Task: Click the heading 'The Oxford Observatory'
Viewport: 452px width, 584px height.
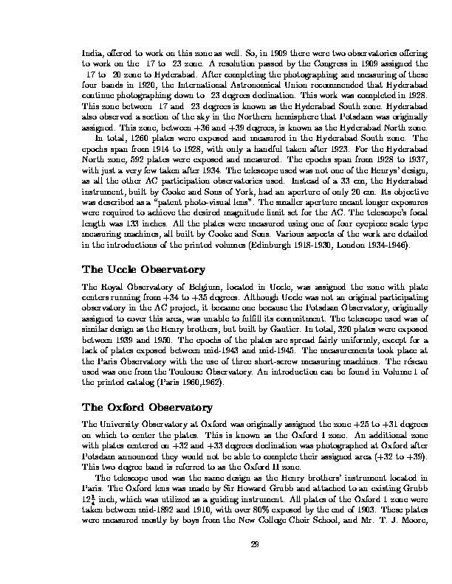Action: [146, 407]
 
